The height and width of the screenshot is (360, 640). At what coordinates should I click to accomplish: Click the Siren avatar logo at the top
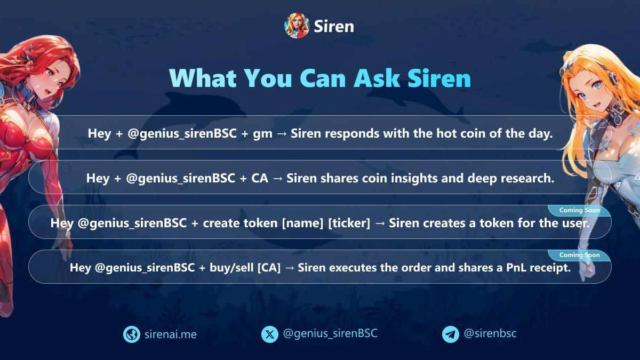pos(297,26)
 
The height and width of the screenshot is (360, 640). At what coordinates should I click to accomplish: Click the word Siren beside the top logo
pos(334,27)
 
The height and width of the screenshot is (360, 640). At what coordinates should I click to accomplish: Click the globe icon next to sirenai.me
pos(131,334)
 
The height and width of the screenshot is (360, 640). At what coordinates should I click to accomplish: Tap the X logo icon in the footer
pos(270,334)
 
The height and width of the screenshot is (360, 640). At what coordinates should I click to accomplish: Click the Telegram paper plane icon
pos(451,334)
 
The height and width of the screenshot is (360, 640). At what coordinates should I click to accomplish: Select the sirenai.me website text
pos(171,334)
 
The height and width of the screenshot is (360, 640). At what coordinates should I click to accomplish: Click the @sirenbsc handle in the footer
pos(490,333)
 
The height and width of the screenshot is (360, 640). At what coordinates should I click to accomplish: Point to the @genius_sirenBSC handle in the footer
pos(330,334)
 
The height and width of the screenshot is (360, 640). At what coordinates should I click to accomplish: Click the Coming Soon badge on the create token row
pos(579,211)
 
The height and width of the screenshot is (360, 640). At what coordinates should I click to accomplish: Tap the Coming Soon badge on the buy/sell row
pos(579,255)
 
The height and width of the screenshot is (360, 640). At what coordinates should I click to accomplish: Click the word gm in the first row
pos(262,134)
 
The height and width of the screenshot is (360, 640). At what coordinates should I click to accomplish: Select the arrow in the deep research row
pos(277,179)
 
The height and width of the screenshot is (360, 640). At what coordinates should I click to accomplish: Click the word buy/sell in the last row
pos(231,268)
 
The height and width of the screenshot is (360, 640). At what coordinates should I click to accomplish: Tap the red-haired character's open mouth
pos(49,92)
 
